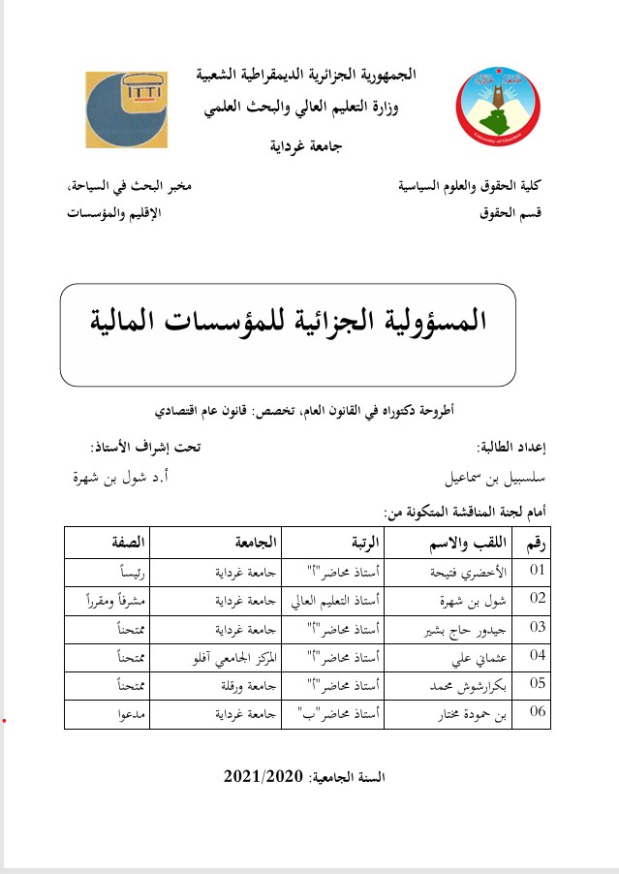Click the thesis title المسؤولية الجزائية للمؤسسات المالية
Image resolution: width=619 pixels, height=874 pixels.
(x=288, y=319)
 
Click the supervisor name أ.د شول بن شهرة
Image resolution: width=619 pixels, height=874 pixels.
(x=134, y=478)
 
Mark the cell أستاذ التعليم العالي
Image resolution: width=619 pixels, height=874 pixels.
(x=340, y=600)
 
